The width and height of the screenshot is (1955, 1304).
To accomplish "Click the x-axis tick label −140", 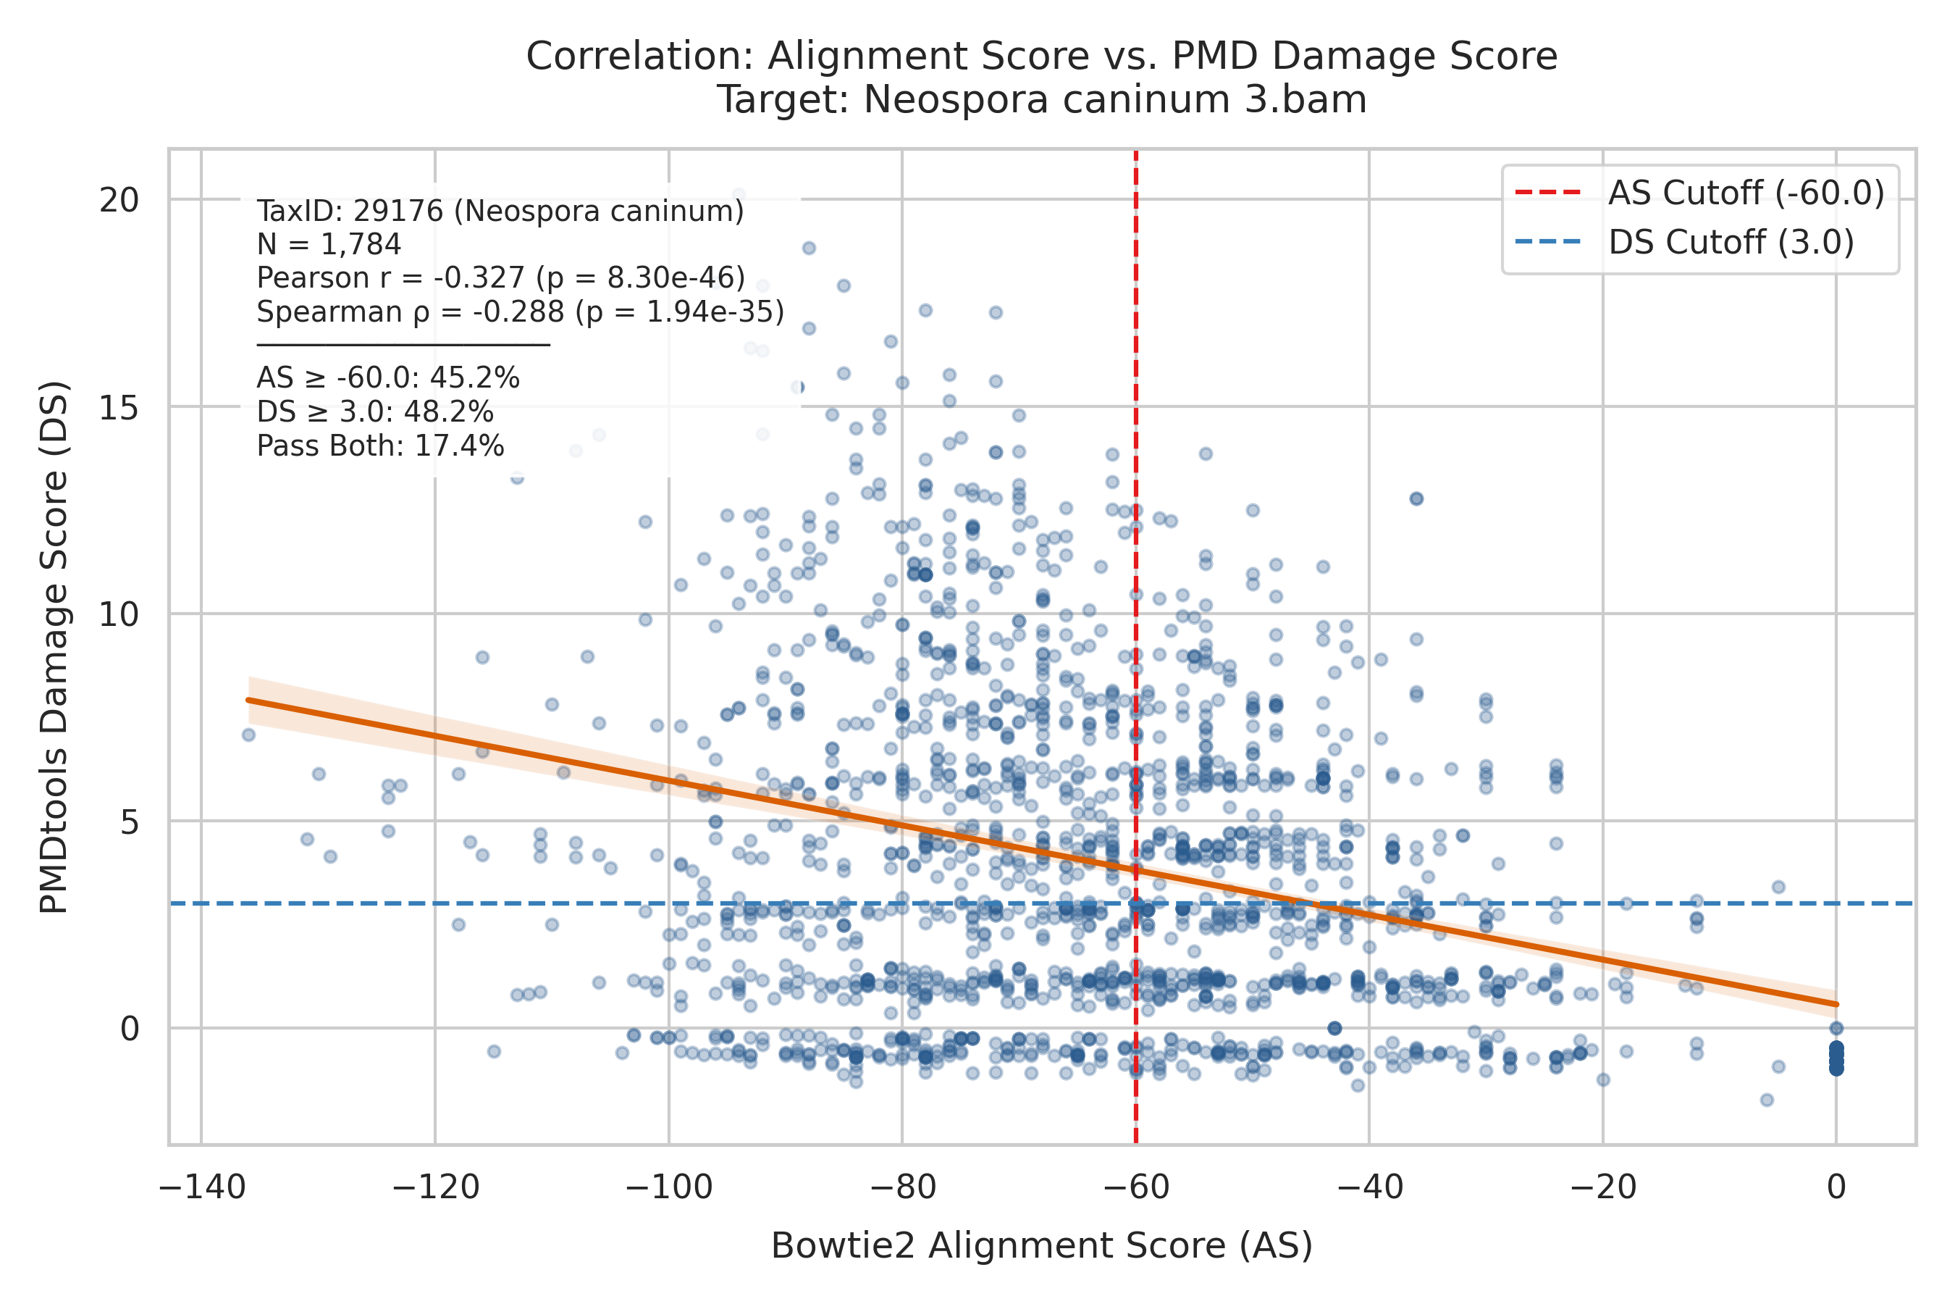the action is click(x=202, y=1187).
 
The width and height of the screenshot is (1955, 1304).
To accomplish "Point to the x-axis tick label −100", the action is click(x=669, y=1187).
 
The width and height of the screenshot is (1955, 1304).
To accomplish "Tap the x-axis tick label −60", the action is click(x=1135, y=1187).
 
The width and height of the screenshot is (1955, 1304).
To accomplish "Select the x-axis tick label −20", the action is click(x=1602, y=1187).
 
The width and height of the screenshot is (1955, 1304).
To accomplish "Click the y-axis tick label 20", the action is click(x=119, y=200).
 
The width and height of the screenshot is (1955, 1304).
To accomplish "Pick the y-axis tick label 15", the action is click(x=119, y=406).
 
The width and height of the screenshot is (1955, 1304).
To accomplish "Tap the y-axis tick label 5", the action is click(x=130, y=822).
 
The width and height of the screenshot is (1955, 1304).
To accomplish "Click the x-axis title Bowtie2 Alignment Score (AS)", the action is click(x=1043, y=1246).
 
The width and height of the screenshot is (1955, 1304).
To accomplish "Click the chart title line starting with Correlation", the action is click(x=1043, y=57).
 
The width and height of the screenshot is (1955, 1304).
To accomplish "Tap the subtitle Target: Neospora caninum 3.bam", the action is click(x=1043, y=100).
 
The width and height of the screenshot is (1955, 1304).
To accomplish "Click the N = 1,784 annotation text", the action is click(x=329, y=245).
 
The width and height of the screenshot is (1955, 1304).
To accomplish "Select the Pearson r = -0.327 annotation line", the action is click(x=501, y=277).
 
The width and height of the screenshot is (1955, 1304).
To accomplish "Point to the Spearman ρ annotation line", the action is click(x=521, y=312).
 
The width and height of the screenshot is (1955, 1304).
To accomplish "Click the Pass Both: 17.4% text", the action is click(x=381, y=446).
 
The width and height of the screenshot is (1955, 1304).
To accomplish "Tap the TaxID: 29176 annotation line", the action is click(x=500, y=212).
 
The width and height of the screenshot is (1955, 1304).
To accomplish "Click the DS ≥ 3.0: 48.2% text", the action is click(x=375, y=412).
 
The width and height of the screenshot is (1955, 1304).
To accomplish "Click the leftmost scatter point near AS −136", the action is click(x=248, y=735).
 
